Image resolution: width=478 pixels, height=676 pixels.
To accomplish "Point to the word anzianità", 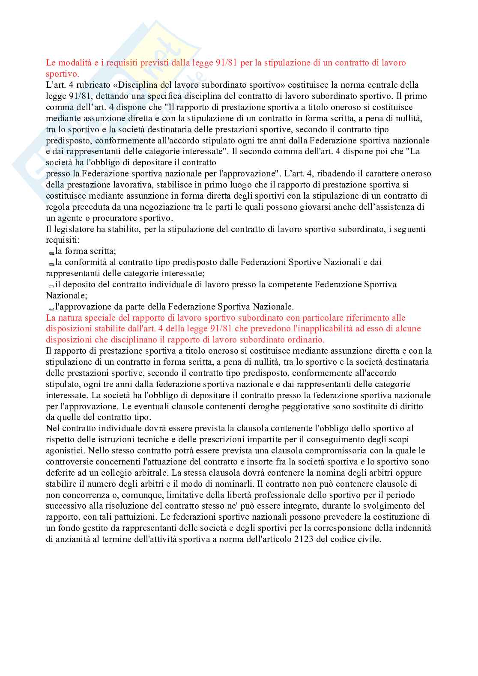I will click(72, 539).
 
